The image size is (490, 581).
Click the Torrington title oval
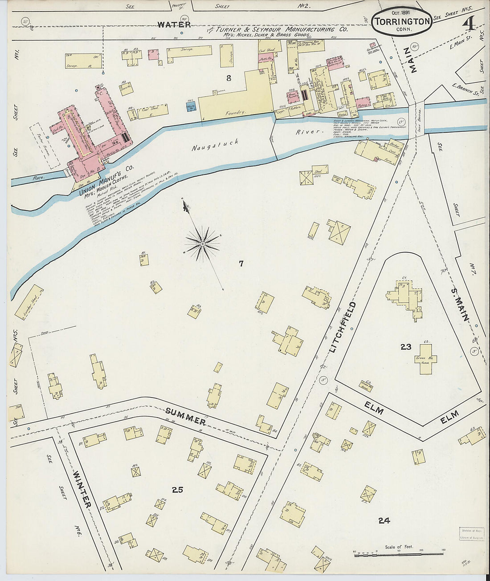402,21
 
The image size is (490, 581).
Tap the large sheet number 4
468,24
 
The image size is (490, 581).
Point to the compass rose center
203,244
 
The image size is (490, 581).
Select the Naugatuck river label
216,145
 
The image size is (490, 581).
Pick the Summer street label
185,416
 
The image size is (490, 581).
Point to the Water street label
174,25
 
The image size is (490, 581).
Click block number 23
405,347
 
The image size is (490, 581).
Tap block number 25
177,490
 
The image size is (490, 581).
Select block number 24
384,520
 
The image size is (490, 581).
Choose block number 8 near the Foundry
229,78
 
